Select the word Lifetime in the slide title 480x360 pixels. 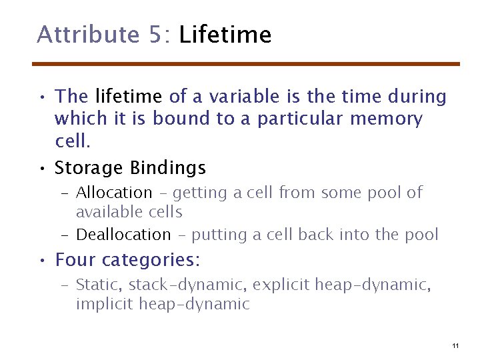tap(225, 34)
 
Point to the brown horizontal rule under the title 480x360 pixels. tap(247, 64)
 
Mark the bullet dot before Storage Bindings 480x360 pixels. tap(42, 167)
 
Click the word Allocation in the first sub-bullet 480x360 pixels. tap(114, 193)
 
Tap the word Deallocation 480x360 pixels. tap(123, 235)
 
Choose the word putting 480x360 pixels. tap(217, 235)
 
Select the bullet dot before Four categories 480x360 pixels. tap(42, 259)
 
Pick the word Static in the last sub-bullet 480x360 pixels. tap(97, 285)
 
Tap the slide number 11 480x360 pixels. tap(455, 345)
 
